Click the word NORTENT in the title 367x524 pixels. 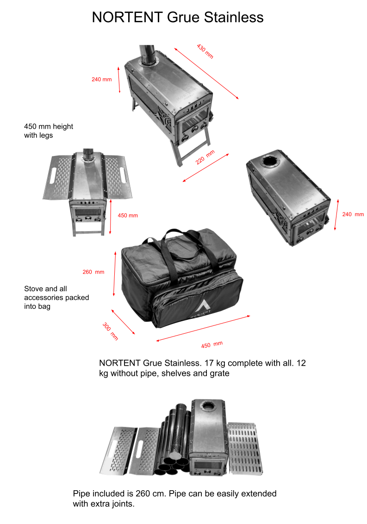(127, 18)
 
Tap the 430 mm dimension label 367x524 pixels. (205, 51)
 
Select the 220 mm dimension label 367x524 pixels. (205, 157)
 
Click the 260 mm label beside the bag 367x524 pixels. (93, 272)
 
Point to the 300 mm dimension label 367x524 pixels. (110, 331)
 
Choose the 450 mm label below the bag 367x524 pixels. (211, 344)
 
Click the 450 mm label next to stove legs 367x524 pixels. (128, 216)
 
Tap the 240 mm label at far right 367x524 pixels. (353, 214)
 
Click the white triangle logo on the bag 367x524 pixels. (202, 306)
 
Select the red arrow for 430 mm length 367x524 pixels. (206, 74)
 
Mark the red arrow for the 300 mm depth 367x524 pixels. (123, 322)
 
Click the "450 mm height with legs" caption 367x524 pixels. (49, 131)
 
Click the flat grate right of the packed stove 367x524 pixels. (245, 449)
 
